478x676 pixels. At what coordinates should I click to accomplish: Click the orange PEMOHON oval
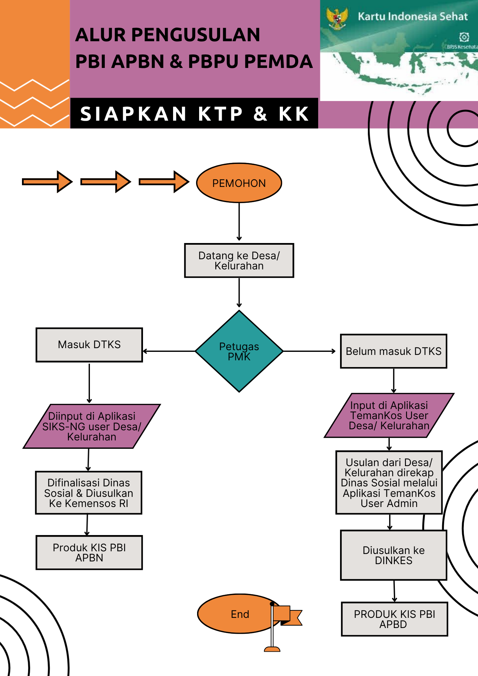click(239, 183)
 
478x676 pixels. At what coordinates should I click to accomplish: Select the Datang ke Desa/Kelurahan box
click(239, 260)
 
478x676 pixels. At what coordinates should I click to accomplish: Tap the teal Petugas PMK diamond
click(239, 351)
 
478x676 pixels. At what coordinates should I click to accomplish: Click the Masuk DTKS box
click(89, 344)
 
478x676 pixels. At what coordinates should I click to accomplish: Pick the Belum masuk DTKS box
click(393, 351)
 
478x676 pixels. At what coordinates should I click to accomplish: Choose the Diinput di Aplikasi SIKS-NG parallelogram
click(92, 426)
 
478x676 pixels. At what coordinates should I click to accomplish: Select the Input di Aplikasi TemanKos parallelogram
click(389, 415)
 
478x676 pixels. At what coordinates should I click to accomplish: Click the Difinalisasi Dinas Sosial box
click(89, 493)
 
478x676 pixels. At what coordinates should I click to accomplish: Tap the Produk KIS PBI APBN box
click(89, 552)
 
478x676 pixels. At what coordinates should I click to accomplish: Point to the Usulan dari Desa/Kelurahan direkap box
click(389, 483)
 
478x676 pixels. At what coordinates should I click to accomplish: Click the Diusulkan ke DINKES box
click(393, 555)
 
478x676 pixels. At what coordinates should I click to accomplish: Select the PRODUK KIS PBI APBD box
click(394, 619)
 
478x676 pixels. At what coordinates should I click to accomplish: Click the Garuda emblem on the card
click(337, 18)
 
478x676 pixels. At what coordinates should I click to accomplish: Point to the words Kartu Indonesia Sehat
click(412, 16)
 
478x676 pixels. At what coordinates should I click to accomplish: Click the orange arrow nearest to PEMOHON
click(164, 182)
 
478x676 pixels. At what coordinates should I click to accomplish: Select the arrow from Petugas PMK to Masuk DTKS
click(169, 351)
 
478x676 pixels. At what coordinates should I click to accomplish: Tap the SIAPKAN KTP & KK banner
click(194, 114)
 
